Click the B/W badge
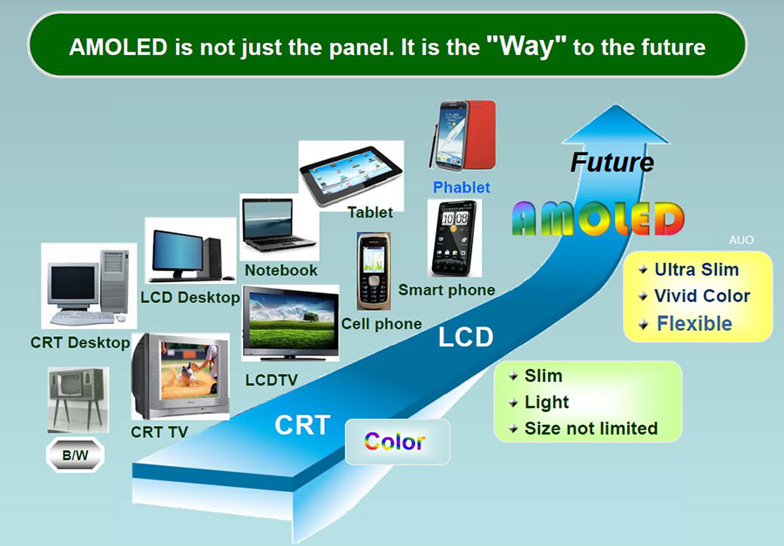coord(75,455)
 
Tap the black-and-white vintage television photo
coord(78,400)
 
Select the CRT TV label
coord(159,432)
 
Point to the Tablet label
coord(370,212)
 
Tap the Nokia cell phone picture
coord(374,271)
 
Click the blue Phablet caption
coord(462,187)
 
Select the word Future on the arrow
coord(612,162)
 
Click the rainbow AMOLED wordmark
coord(598,219)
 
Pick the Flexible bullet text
coord(694,323)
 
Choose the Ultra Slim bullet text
coord(697,269)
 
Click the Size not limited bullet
coord(591,428)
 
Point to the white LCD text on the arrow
coord(465,337)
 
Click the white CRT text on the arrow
coord(302,426)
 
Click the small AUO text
coord(741,240)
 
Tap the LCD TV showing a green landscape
coord(290,323)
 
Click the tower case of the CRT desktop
coord(114,281)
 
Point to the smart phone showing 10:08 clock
coord(455,238)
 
